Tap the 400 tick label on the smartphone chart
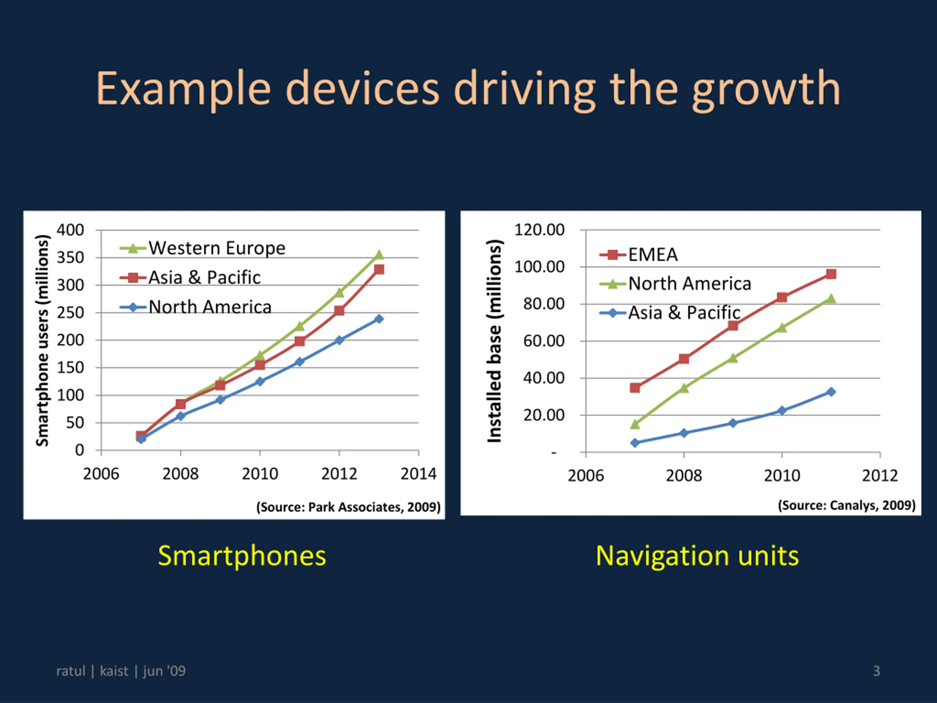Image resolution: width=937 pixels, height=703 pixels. (x=70, y=230)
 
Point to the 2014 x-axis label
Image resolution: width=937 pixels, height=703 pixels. (x=418, y=474)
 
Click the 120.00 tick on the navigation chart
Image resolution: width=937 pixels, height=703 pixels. (x=539, y=230)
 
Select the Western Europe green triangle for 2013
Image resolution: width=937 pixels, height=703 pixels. (x=379, y=255)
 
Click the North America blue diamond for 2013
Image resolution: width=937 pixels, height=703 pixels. (x=379, y=319)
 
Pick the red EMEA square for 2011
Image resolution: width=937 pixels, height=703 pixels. (x=831, y=274)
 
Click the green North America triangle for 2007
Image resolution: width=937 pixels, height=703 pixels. (x=635, y=424)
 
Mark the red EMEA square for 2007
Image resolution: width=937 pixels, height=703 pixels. (x=635, y=388)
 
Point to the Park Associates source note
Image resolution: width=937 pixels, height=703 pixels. (x=348, y=507)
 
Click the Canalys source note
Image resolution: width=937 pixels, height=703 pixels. (x=846, y=505)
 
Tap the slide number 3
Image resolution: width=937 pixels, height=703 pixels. (x=876, y=671)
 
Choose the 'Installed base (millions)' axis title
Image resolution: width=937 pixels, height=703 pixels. (x=494, y=341)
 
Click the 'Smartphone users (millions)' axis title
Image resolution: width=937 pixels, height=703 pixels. (x=42, y=340)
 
